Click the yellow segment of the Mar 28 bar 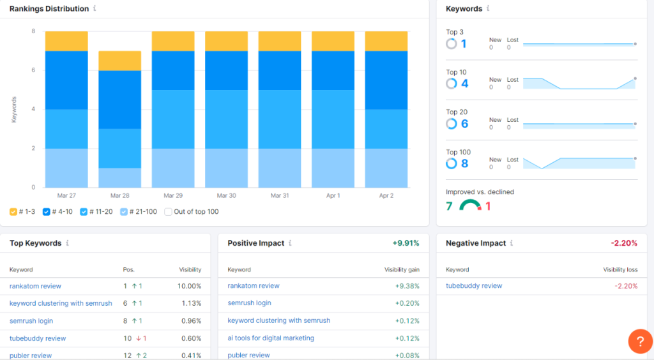click(x=119, y=61)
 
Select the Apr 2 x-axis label click(x=386, y=196)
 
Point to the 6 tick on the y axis click(x=33, y=70)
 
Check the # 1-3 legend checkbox click(x=13, y=212)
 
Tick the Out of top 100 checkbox click(x=169, y=212)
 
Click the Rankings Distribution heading click(x=49, y=9)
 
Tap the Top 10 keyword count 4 click(x=464, y=84)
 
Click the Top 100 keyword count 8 click(x=464, y=163)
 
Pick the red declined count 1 click(x=488, y=206)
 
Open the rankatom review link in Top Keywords click(x=35, y=286)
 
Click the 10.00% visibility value click(x=190, y=286)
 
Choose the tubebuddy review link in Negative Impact click(x=474, y=286)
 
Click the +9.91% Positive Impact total click(x=406, y=243)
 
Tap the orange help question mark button click(x=640, y=341)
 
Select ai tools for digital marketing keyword click(x=271, y=338)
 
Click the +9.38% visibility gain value click(x=407, y=286)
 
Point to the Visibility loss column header click(x=620, y=269)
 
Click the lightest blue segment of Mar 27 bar click(x=66, y=168)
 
